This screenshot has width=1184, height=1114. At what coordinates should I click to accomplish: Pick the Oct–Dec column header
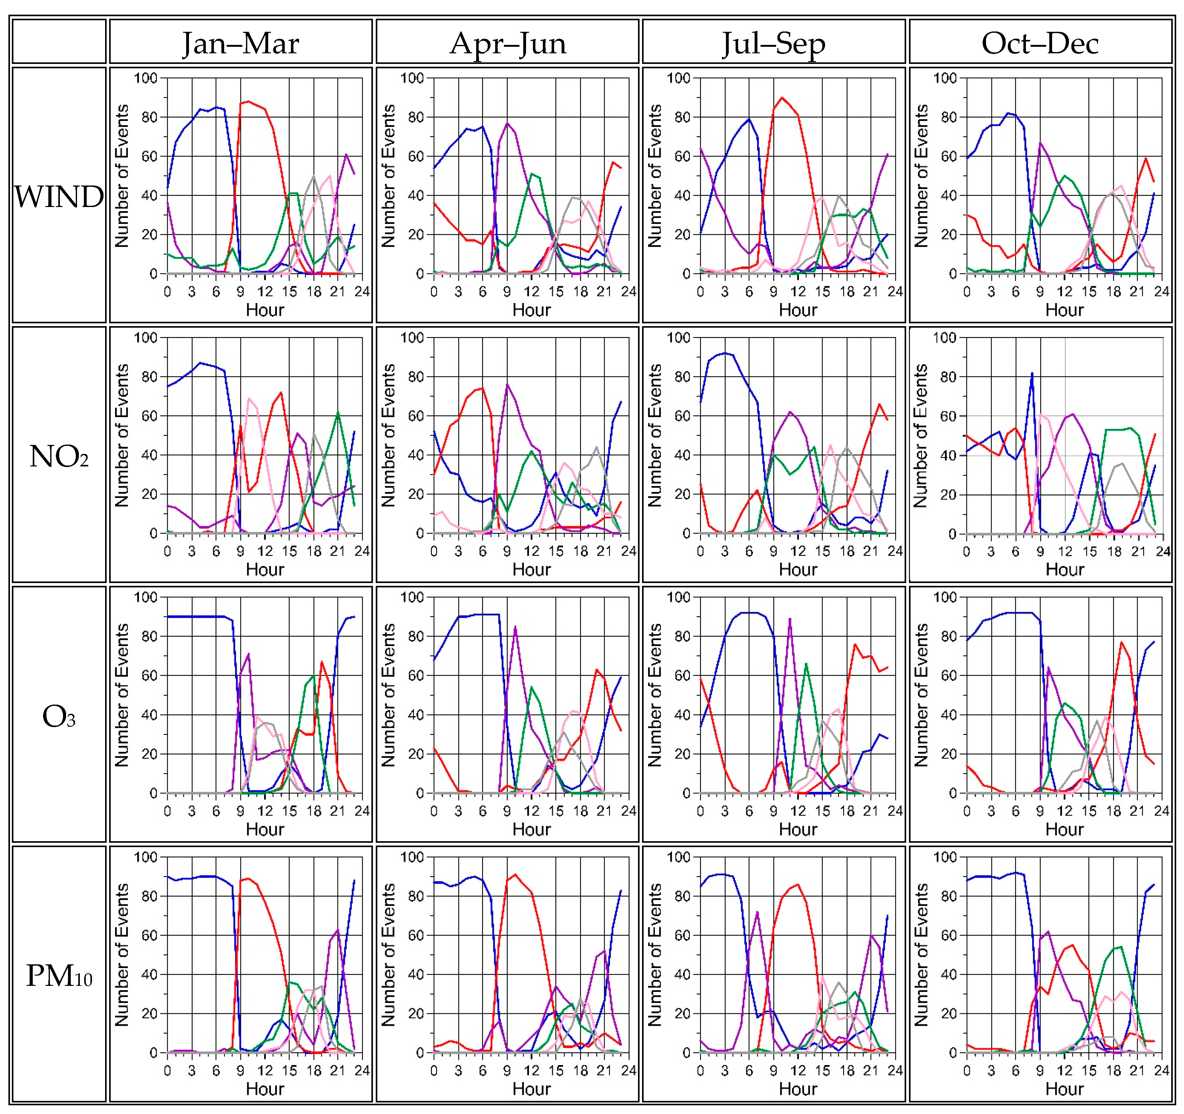(1040, 42)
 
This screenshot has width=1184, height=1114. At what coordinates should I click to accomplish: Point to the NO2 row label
(59, 456)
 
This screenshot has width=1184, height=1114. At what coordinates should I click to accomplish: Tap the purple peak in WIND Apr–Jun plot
(507, 123)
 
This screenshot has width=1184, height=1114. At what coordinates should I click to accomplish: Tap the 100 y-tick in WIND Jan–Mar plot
(145, 78)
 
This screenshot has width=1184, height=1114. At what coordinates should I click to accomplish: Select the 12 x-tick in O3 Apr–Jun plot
(531, 811)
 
